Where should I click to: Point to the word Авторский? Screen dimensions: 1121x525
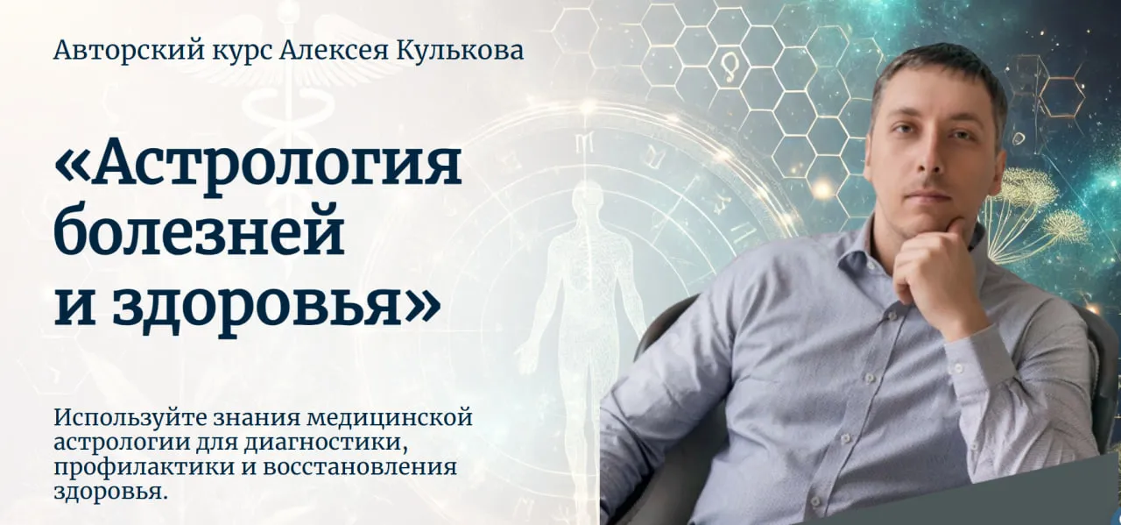[129, 51]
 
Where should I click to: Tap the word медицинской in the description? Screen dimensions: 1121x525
[390, 417]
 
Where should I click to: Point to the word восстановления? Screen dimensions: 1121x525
[359, 467]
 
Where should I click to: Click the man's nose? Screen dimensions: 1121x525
[925, 158]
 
